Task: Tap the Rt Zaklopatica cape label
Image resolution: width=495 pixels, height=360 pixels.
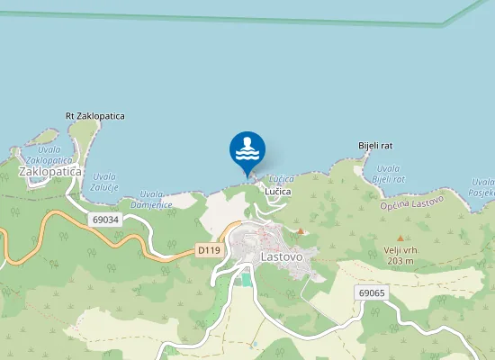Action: (94, 116)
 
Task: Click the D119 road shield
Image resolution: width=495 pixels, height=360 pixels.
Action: (209, 249)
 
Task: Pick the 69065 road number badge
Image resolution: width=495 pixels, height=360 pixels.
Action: (371, 292)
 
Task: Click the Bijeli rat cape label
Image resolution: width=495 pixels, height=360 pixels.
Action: (375, 146)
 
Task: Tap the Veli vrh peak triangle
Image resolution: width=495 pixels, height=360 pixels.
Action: (400, 238)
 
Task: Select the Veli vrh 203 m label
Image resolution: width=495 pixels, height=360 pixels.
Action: (397, 255)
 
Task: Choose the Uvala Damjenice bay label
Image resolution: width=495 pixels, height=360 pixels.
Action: (150, 199)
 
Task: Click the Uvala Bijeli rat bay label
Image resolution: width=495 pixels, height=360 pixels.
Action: (389, 174)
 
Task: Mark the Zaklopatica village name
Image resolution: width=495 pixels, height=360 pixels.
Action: (49, 171)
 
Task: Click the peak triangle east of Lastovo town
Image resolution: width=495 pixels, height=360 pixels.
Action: (301, 231)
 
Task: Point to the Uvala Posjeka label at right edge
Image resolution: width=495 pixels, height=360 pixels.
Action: (481, 186)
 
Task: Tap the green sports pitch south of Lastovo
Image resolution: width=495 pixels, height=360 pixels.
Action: (247, 279)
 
